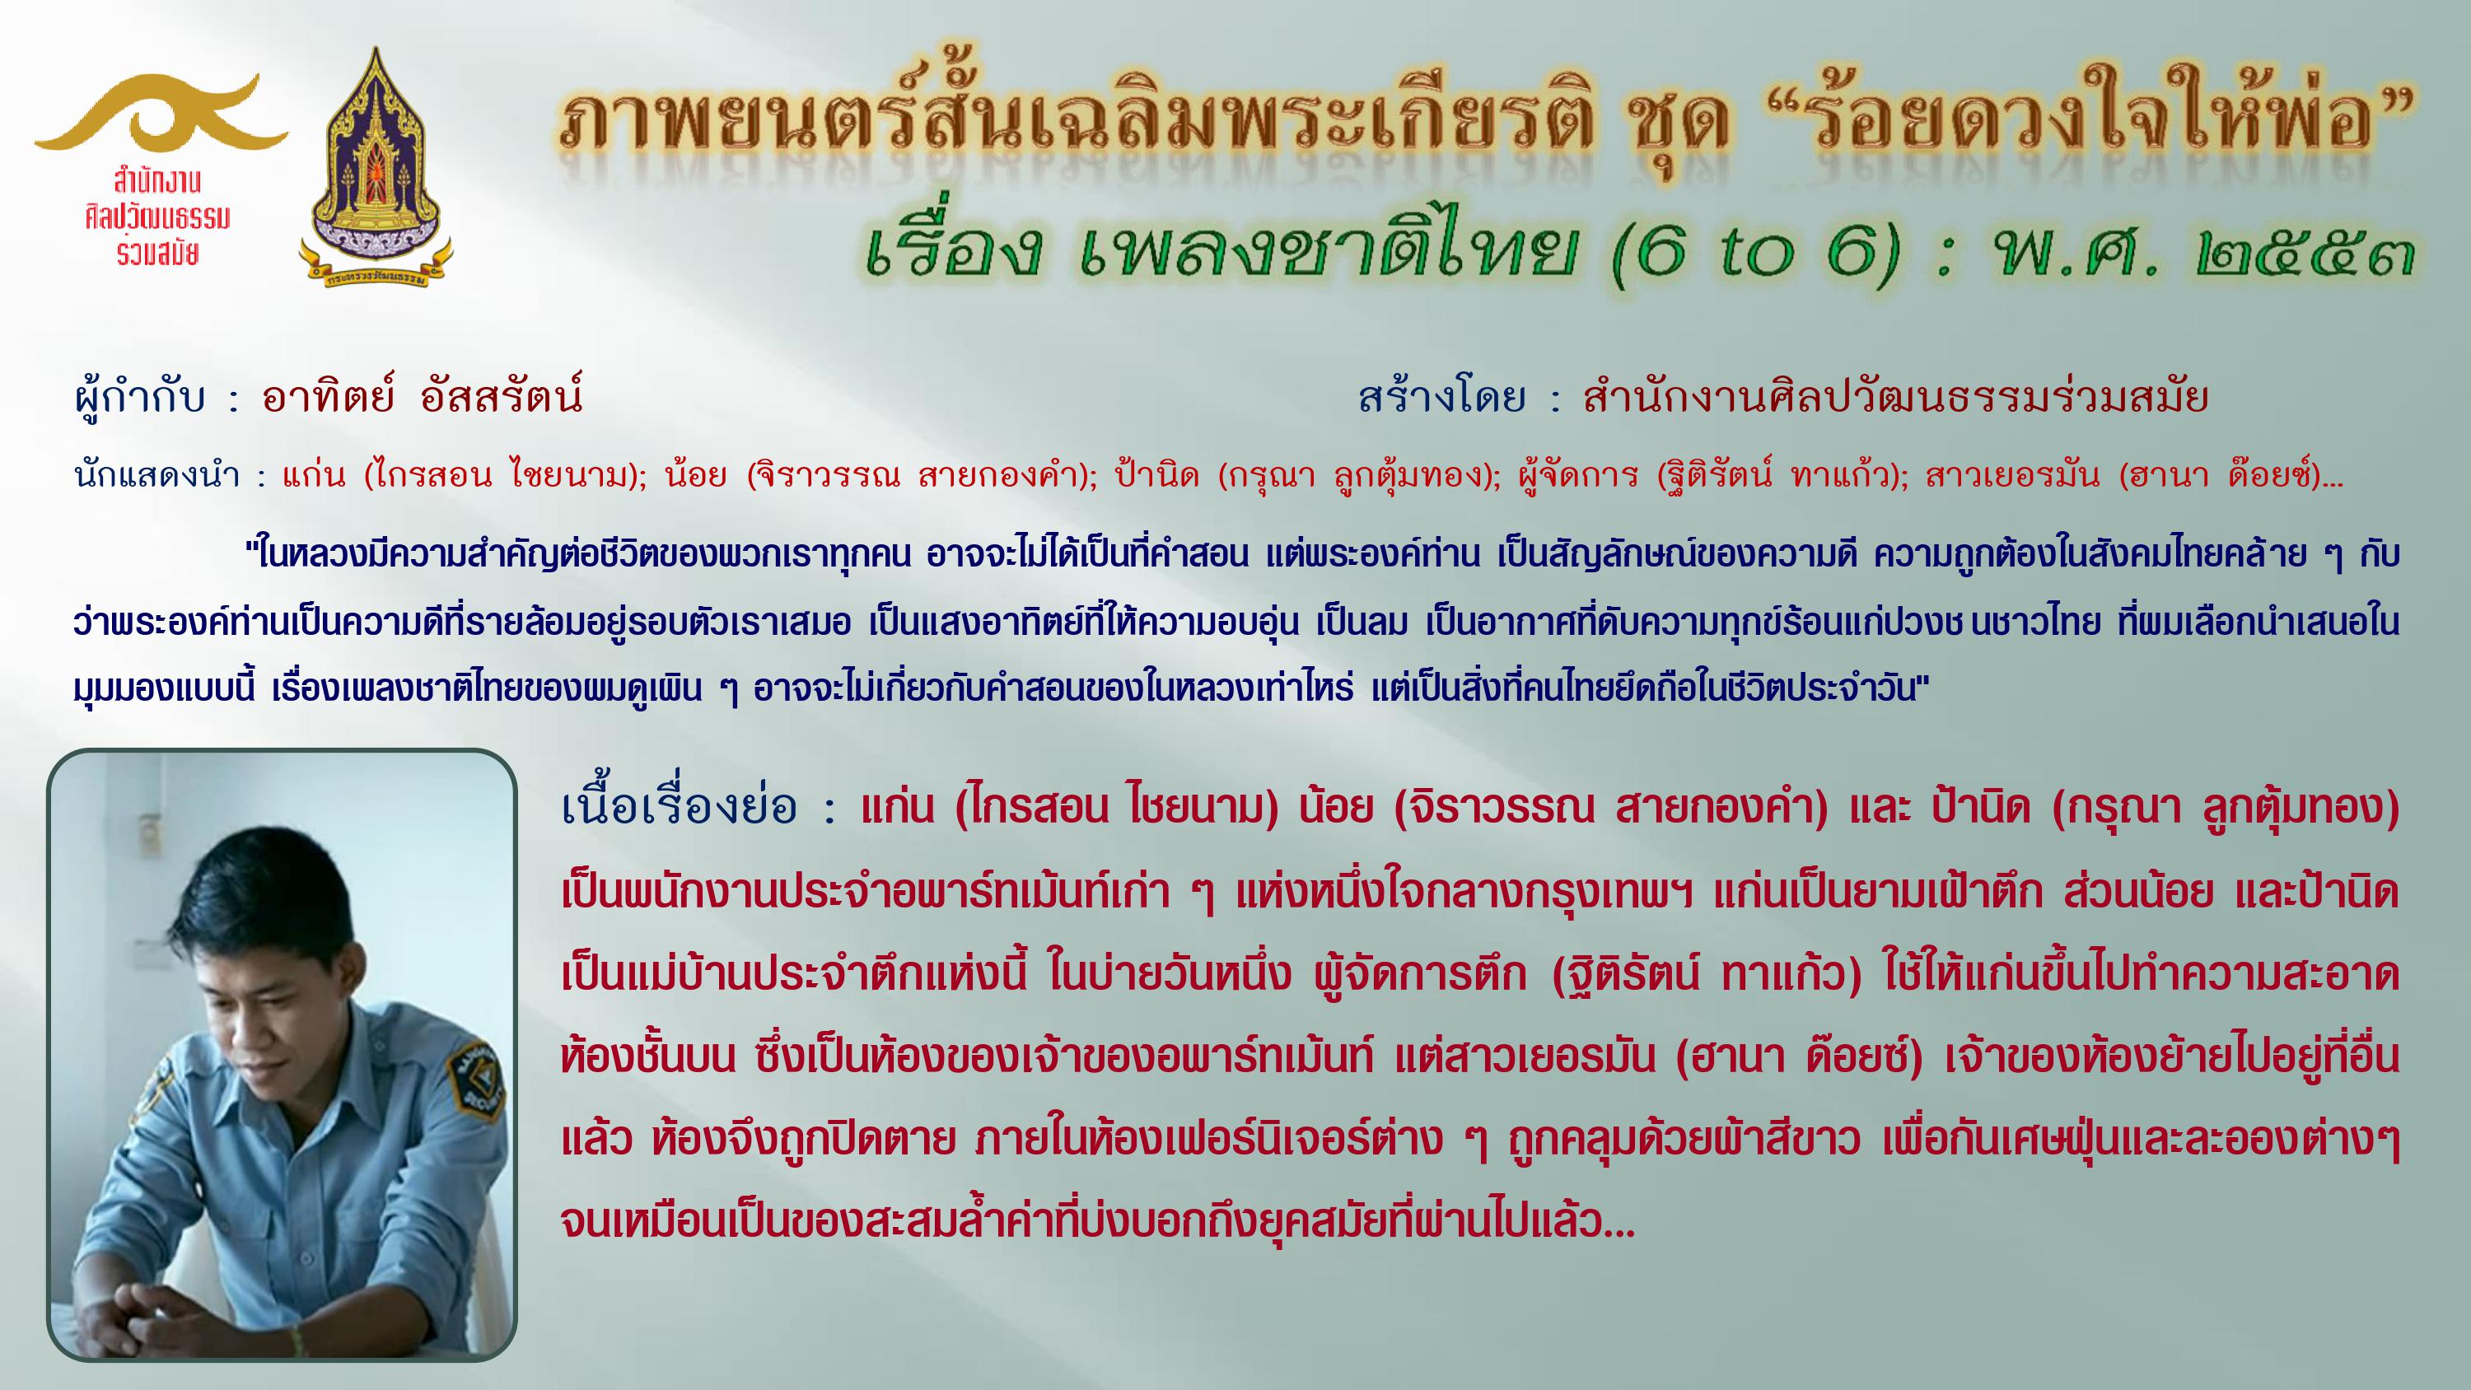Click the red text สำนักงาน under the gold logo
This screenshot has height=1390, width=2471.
click(x=156, y=180)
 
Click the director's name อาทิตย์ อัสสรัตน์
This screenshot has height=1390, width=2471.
click(x=422, y=395)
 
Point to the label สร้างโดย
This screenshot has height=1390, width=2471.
click(x=1441, y=396)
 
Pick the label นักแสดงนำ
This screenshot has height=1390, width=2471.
click(x=156, y=475)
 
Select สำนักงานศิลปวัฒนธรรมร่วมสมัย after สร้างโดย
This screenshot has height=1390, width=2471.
click(x=1896, y=396)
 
